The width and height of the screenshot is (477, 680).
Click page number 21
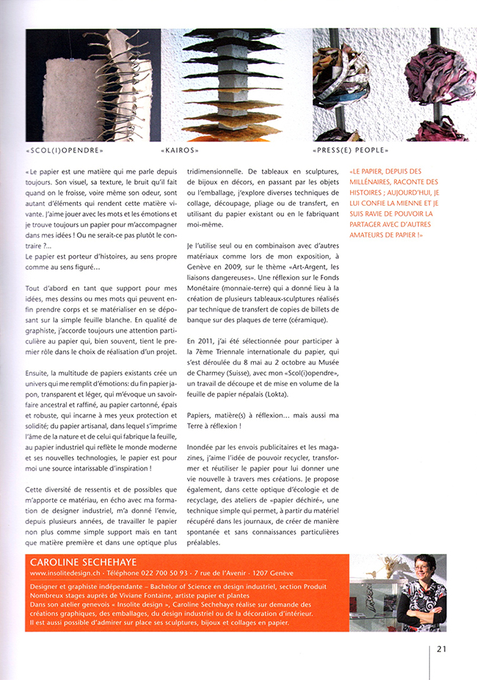442,648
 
